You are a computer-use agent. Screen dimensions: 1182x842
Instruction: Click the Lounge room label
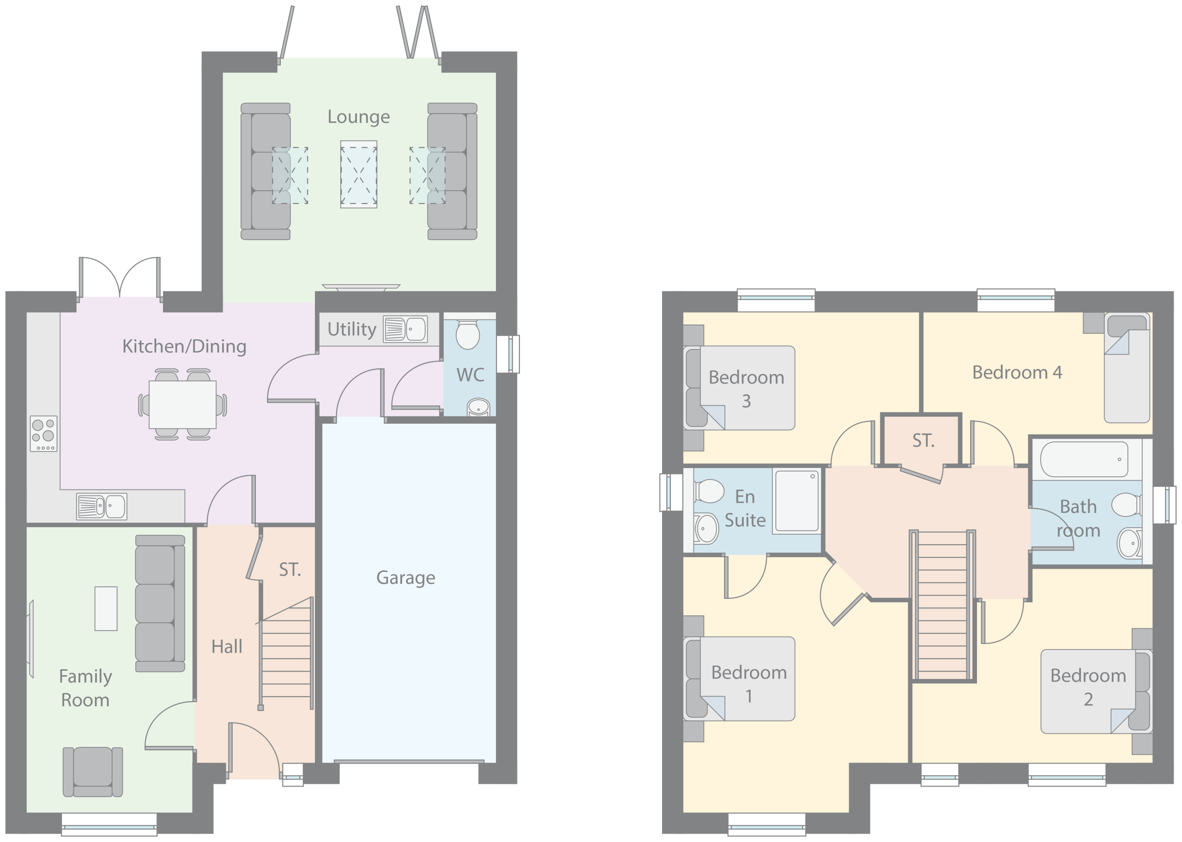click(358, 117)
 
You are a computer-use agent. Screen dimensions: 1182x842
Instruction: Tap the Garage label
click(405, 577)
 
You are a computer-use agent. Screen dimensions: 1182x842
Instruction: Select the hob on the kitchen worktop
click(43, 433)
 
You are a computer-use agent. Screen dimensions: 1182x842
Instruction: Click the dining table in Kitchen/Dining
click(182, 405)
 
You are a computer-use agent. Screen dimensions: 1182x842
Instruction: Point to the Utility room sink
click(405, 329)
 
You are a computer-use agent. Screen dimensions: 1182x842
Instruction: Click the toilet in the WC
click(468, 334)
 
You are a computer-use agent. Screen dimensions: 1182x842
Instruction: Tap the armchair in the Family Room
click(93, 771)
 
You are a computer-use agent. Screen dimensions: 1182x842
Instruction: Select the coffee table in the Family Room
click(106, 609)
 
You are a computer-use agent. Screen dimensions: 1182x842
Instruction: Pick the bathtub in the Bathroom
click(1084, 459)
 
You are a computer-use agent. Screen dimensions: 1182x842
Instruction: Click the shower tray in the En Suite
click(796, 501)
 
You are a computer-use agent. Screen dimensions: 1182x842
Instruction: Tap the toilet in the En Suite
click(709, 491)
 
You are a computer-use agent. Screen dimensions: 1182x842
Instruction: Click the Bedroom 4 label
click(1017, 372)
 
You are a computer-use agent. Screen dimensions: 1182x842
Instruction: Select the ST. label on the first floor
click(923, 441)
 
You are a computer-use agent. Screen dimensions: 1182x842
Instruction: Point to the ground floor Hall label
click(227, 647)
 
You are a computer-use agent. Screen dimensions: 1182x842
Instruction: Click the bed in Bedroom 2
click(1097, 691)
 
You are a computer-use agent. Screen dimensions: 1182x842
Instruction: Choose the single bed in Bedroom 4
click(1127, 367)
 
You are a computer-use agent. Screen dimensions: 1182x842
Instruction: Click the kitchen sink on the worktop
click(102, 506)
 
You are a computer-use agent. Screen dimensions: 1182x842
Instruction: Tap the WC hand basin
click(478, 407)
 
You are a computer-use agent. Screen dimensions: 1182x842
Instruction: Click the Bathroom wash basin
click(1130, 543)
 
